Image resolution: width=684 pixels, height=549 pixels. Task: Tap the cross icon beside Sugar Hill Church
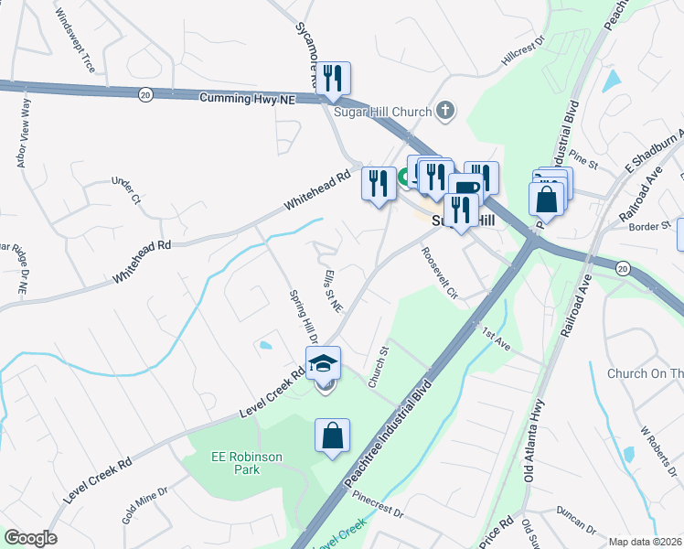[x=445, y=112]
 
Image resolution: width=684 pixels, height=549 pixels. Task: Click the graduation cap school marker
[x=323, y=365]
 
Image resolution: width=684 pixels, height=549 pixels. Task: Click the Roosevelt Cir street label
[x=440, y=272]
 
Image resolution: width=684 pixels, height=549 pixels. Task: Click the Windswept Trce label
[x=75, y=33]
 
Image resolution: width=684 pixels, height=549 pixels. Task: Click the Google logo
[x=30, y=538]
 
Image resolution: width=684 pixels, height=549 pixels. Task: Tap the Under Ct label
[x=125, y=191]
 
